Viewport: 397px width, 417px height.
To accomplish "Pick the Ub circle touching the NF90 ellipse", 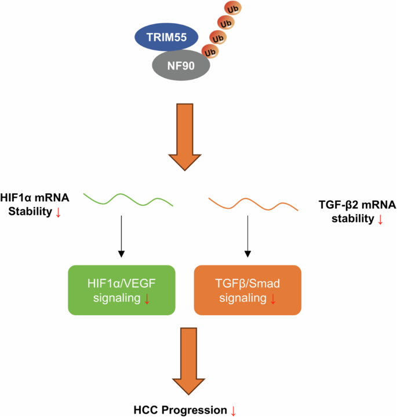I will [211, 51].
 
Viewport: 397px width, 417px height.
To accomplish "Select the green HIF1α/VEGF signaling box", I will [121, 290].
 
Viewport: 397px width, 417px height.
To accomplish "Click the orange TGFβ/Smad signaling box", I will [247, 290].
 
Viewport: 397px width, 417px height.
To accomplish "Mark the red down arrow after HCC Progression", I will [234, 411].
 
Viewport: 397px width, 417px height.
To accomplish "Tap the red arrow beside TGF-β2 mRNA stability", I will [380, 220].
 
